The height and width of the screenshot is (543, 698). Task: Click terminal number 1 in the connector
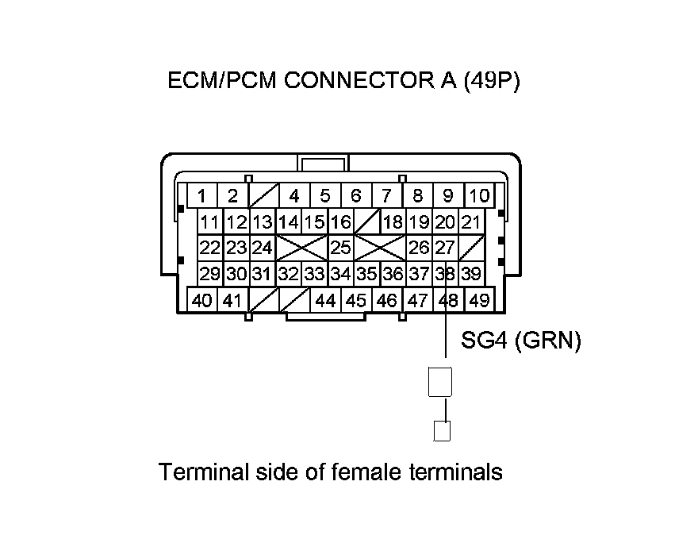203,195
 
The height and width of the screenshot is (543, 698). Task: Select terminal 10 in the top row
479,195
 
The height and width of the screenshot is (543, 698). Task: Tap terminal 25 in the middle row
341,248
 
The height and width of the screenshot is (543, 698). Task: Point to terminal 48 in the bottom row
449,301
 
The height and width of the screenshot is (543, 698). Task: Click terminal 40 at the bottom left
202,301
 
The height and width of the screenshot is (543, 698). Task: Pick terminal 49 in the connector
478,301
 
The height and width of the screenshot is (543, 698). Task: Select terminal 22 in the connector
210,248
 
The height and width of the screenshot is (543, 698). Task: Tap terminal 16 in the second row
341,221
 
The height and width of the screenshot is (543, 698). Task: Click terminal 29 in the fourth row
210,274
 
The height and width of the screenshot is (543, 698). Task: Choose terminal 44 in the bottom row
325,301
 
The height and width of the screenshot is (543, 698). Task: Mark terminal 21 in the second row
471,221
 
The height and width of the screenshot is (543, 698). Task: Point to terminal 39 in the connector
471,274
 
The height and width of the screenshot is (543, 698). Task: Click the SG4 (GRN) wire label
521,341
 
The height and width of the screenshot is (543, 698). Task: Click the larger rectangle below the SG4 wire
439,382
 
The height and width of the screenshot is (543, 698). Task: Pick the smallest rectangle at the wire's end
443,430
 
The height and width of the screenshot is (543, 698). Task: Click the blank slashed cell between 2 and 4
263,195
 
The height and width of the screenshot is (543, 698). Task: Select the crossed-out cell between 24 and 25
301,248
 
